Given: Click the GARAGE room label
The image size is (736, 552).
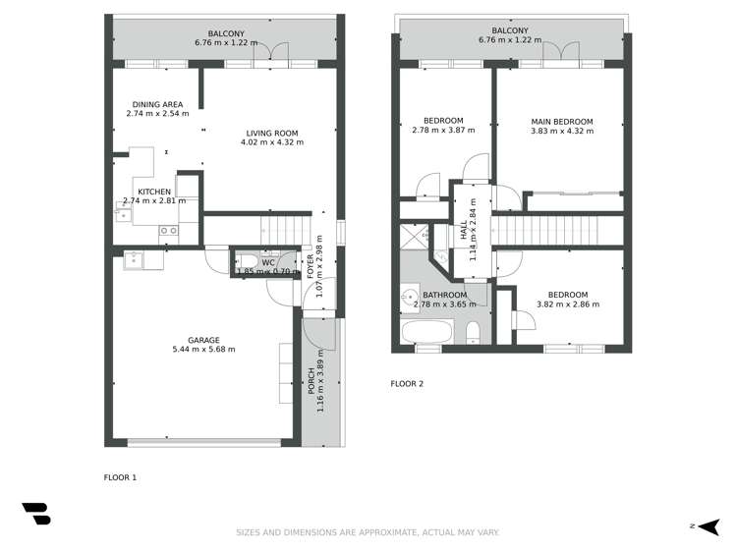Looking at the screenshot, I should click(203, 340).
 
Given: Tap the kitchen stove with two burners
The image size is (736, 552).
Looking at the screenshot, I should click(168, 231).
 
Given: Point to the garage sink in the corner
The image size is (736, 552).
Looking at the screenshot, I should click(134, 260).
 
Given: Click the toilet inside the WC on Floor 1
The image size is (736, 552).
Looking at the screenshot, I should click(243, 263).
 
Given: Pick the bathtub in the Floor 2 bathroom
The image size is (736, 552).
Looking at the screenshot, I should click(425, 330).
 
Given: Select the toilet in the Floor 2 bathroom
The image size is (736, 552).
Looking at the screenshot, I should click(473, 330).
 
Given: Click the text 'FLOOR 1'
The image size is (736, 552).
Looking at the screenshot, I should click(121, 477).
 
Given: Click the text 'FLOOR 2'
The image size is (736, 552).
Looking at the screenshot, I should click(407, 384).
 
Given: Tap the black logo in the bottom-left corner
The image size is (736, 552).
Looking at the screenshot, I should click(35, 515).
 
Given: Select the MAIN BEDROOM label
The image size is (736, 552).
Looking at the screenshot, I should click(561, 122).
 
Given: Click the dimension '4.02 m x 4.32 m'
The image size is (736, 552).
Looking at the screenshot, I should click(271, 142).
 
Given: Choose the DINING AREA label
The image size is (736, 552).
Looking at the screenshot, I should click(156, 104).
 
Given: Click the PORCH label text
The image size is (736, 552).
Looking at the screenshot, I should click(311, 380).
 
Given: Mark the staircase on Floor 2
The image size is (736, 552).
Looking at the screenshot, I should click(557, 232).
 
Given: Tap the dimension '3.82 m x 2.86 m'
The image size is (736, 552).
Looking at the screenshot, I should click(567, 304).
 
